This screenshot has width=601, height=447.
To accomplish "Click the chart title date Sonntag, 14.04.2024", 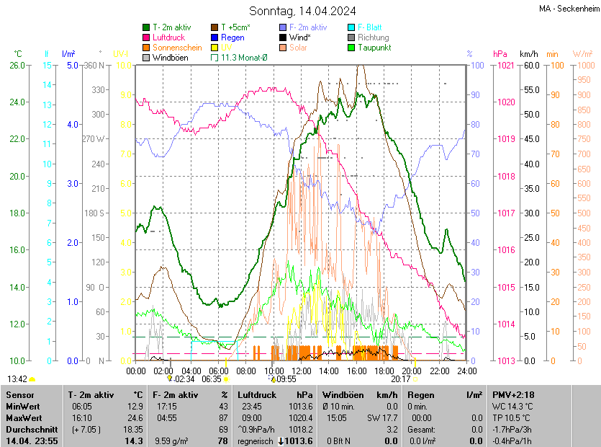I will (x=303, y=11).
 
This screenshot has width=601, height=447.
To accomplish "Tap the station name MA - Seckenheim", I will (x=568, y=9).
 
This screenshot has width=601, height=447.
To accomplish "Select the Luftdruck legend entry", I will (x=169, y=37).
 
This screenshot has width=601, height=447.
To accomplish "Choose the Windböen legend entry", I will (x=171, y=58).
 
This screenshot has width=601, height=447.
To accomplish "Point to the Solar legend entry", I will (x=299, y=48).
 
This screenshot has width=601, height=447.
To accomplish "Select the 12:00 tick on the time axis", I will (x=302, y=371).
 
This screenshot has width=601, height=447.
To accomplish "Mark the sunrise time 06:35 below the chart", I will (x=212, y=379).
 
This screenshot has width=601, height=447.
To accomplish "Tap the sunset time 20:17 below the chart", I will (x=400, y=379).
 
